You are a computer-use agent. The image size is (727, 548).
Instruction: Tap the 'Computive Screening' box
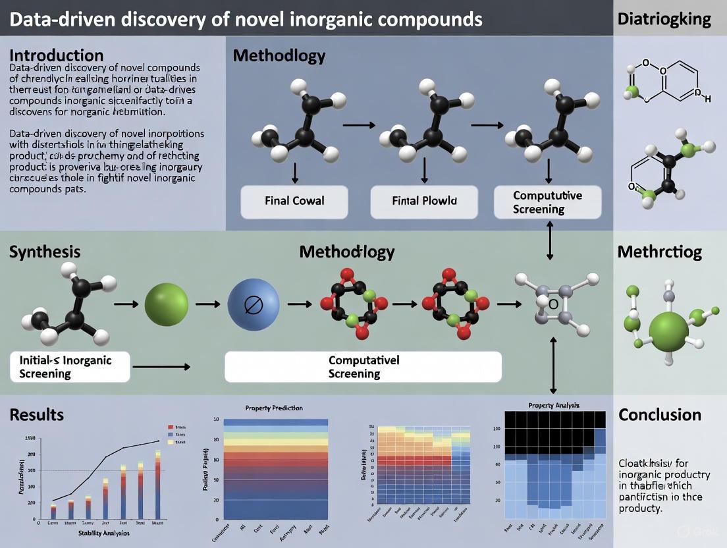pyautogui.click(x=547, y=202)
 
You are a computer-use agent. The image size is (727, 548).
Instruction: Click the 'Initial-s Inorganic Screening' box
pyautogui.click(x=70, y=367)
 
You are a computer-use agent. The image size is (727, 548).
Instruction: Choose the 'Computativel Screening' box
pyautogui.click(x=363, y=367)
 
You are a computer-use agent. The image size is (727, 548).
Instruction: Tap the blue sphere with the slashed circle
pyautogui.click(x=254, y=304)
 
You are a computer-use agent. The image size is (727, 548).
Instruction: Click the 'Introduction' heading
pyautogui.click(x=57, y=55)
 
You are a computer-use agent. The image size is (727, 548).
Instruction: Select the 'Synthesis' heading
pyautogui.click(x=45, y=252)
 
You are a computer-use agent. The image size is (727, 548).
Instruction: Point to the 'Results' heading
pyautogui.click(x=37, y=414)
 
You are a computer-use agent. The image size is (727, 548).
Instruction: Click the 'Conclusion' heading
pyautogui.click(x=659, y=415)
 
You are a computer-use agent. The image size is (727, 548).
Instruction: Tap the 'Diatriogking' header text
pyautogui.click(x=664, y=18)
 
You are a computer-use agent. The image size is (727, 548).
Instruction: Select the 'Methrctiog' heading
pyautogui.click(x=659, y=252)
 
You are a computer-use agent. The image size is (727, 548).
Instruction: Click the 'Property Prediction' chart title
pyautogui.click(x=274, y=408)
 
